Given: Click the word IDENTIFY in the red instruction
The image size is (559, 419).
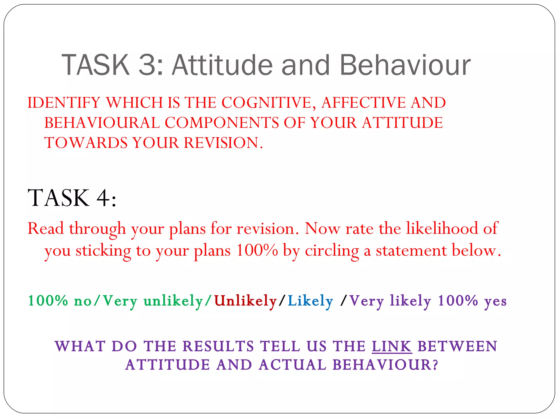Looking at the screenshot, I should pyautogui.click(x=64, y=103).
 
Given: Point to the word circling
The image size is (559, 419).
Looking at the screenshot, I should pyautogui.click(x=332, y=250).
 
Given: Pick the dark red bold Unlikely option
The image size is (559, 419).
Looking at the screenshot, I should pyautogui.click(x=245, y=301).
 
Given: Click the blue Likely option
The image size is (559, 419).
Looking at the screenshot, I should pyautogui.click(x=310, y=301).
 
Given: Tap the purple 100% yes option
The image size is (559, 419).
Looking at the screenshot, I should pyautogui.click(x=472, y=301).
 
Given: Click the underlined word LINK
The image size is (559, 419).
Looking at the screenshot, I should pyautogui.click(x=392, y=346).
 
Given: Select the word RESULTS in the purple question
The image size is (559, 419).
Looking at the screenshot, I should pyautogui.click(x=218, y=346).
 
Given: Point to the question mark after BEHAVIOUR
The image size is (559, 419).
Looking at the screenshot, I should pyautogui.click(x=435, y=365).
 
